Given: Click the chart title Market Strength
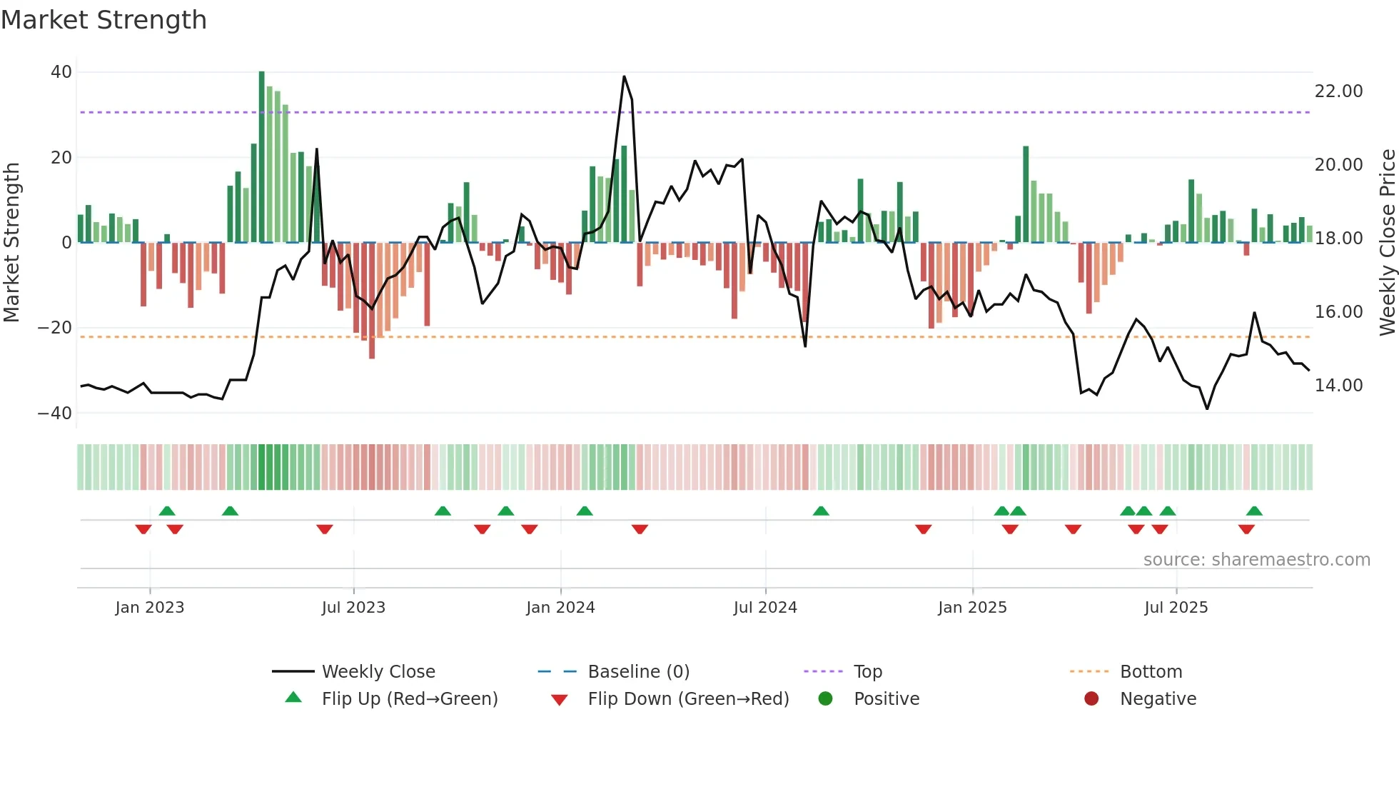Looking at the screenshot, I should pyautogui.click(x=103, y=20).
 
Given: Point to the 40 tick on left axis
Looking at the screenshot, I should pyautogui.click(x=61, y=72).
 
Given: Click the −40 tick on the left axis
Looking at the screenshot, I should pyautogui.click(x=55, y=413).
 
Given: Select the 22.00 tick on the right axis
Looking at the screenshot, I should pyautogui.click(x=1338, y=91).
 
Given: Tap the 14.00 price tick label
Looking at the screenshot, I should pyautogui.click(x=1338, y=386).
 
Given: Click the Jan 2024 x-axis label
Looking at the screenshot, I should pyautogui.click(x=560, y=608).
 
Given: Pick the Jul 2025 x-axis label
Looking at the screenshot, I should pyautogui.click(x=1176, y=608).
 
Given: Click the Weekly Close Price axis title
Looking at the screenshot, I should pyautogui.click(x=1387, y=242).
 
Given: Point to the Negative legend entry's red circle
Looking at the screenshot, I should pyautogui.click(x=1091, y=699).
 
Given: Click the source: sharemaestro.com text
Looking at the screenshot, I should pyautogui.click(x=1256, y=560).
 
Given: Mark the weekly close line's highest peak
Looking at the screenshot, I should pyautogui.click(x=624, y=77).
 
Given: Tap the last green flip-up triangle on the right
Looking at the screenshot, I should pyautogui.click(x=1254, y=511).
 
